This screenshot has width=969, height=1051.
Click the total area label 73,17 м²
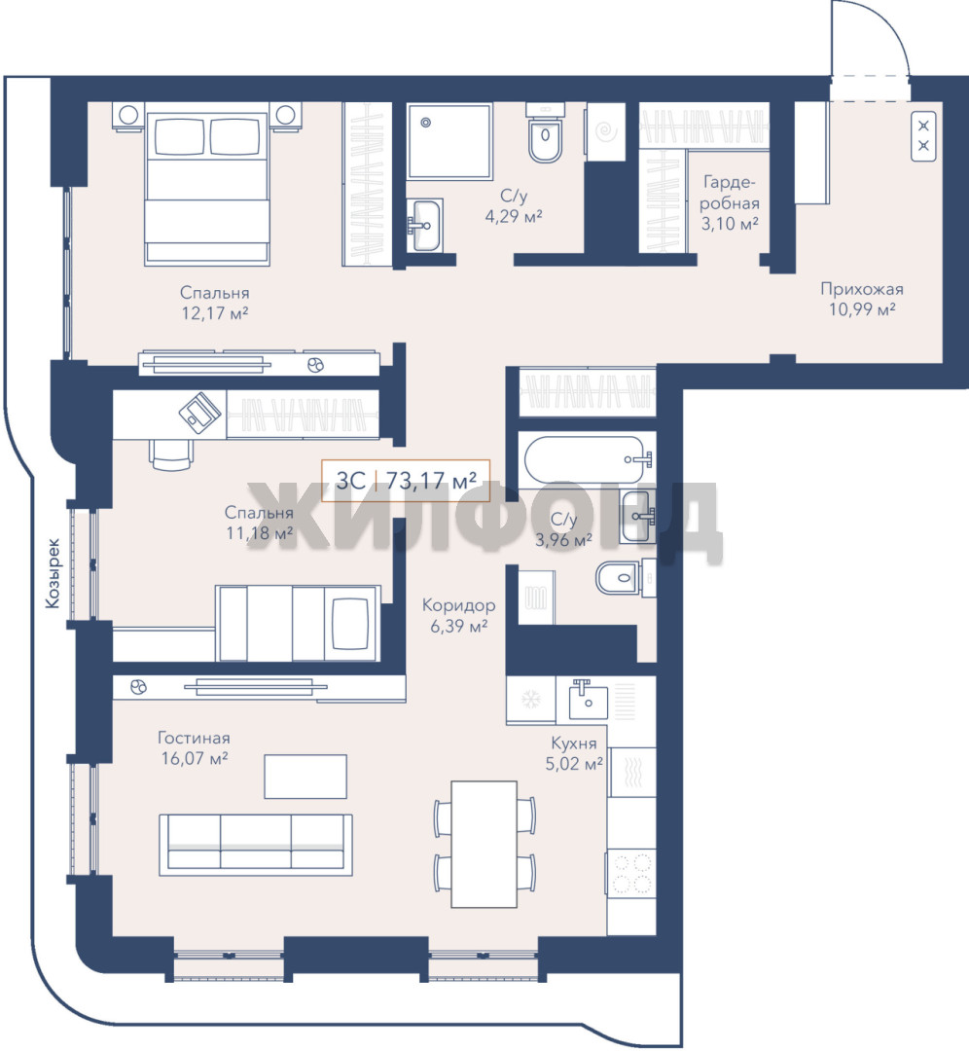tap(431, 480)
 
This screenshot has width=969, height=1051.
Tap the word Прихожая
tap(862, 289)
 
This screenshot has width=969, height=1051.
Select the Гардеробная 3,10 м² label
tap(730, 202)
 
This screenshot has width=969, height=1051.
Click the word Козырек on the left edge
tap(53, 574)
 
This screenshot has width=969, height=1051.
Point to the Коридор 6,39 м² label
tap(458, 615)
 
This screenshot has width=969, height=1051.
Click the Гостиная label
tap(194, 738)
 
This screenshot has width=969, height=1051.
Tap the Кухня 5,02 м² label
tap(574, 752)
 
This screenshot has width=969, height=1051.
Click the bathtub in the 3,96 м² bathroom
tap(589, 459)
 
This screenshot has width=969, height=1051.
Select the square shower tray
tap(449, 141)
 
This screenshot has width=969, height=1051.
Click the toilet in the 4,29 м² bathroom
tap(545, 132)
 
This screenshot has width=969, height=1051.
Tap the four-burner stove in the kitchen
tap(631, 873)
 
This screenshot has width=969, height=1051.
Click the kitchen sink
tap(588, 699)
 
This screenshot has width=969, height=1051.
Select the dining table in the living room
tap(484, 843)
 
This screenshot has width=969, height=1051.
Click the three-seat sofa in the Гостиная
tap(255, 845)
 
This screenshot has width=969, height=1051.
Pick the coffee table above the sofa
tap(305, 777)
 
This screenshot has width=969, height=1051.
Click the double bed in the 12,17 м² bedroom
tap(207, 183)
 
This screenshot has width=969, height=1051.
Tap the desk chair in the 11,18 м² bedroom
tap(172, 454)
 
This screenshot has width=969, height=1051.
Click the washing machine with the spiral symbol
tap(606, 131)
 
